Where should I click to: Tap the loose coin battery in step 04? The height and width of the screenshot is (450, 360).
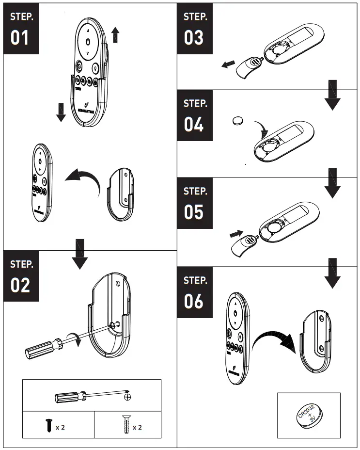coord(238,120)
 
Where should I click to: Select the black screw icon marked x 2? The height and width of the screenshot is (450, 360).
coord(48,426)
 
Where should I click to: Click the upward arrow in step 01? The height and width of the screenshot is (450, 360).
coord(115,35)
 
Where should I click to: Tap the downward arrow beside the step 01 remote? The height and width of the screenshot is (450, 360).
coord(61,112)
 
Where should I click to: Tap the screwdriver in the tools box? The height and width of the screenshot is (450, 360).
coord(90,397)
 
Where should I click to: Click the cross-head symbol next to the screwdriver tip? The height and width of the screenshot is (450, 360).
coord(128,397)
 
